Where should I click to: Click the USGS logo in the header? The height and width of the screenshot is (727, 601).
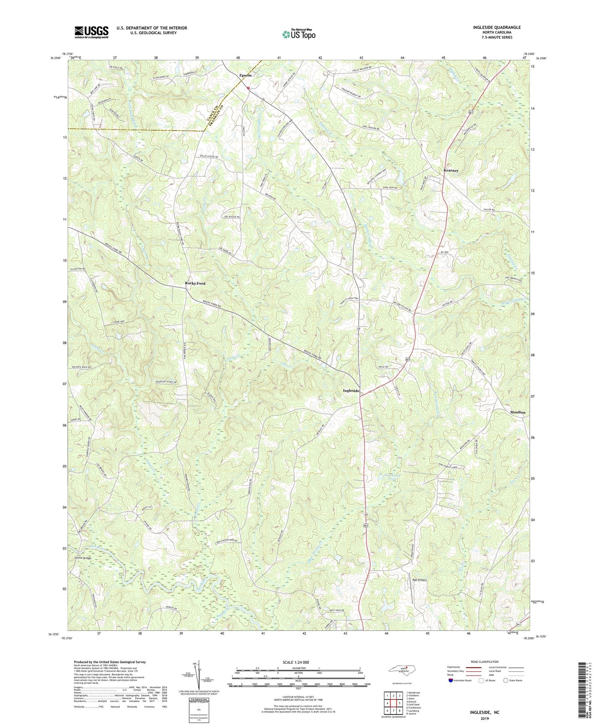click(x=91, y=32)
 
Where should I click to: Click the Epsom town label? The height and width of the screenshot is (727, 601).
click(x=245, y=75)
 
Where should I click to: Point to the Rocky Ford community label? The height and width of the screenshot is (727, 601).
click(x=195, y=283)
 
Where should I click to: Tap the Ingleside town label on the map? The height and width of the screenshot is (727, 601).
click(x=351, y=391)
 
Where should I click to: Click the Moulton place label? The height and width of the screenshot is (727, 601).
click(x=517, y=412)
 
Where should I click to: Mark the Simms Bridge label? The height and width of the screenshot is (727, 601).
click(x=82, y=558)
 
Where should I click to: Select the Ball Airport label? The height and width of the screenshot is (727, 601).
click(x=419, y=580)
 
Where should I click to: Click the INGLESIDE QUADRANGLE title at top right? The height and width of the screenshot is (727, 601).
click(x=497, y=27)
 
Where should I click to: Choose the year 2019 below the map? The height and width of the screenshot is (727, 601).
click(x=485, y=718)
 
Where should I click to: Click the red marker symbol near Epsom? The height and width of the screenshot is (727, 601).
click(x=248, y=88)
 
